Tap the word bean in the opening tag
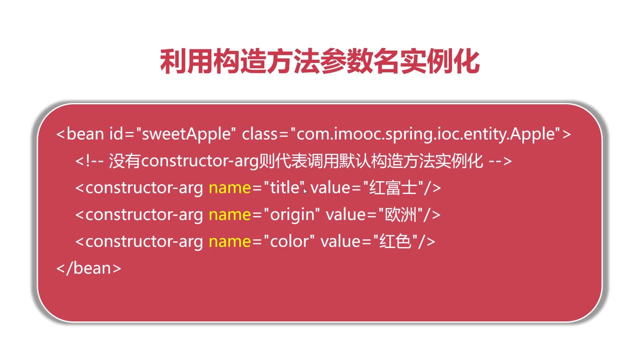click(85, 134)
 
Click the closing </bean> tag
click(89, 268)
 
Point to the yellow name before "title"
click(230, 188)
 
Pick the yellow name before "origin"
click(230, 214)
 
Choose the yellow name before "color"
click(230, 241)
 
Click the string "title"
click(284, 187)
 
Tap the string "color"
click(289, 241)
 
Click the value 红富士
click(393, 187)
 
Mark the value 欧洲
click(401, 214)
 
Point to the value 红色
click(396, 241)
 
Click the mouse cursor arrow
click(305, 191)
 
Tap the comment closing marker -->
click(500, 161)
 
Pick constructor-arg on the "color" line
click(144, 241)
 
